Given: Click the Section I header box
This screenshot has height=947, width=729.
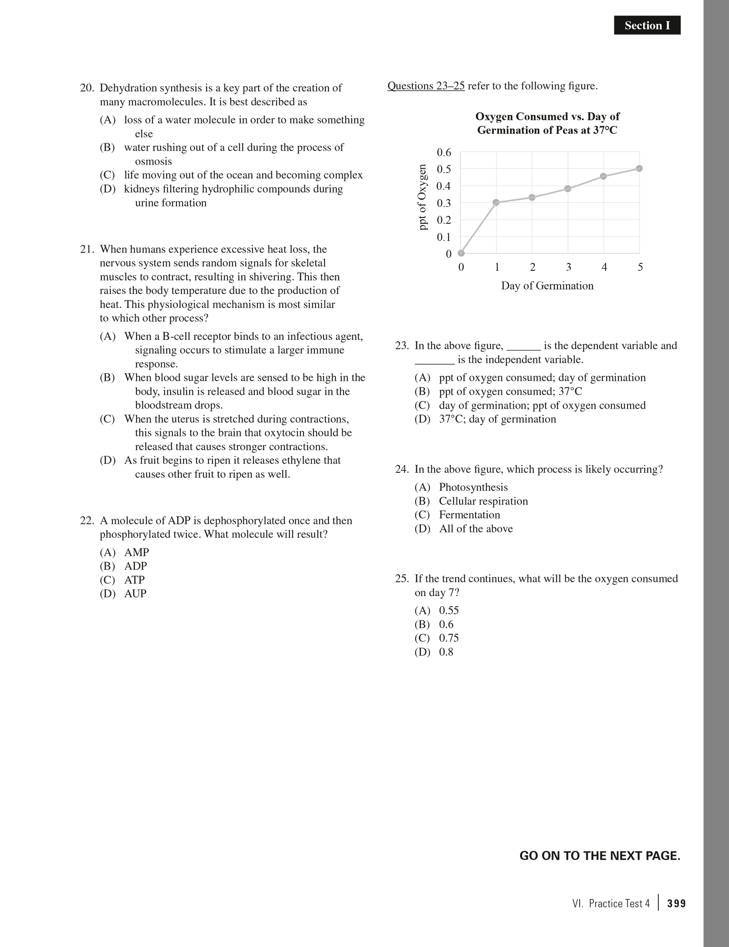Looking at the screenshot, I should (647, 25).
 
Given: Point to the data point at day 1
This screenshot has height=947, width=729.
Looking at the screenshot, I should (497, 202).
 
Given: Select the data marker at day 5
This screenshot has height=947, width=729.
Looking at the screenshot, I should (639, 169).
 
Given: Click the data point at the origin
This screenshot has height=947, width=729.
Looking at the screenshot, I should (461, 253).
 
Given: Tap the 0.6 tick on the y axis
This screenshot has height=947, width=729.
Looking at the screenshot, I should (444, 153).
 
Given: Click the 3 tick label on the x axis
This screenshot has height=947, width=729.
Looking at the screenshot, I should (569, 267).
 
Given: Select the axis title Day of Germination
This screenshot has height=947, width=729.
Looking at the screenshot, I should (547, 286).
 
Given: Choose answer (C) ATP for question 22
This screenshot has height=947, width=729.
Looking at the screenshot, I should (134, 580).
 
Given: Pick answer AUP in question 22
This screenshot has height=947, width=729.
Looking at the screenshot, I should (135, 594).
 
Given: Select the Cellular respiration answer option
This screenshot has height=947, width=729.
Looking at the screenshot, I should (483, 501).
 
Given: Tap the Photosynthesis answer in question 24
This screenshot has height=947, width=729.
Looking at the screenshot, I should (473, 488).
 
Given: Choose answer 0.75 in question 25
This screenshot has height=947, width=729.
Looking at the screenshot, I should (449, 638).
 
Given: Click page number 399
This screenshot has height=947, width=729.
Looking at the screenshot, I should (677, 904).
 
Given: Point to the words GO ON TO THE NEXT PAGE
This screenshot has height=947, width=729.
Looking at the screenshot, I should (600, 856).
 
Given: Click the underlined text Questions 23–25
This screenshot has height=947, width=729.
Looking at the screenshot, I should (426, 86).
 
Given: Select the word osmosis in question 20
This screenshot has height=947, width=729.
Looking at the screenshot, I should (153, 161).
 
